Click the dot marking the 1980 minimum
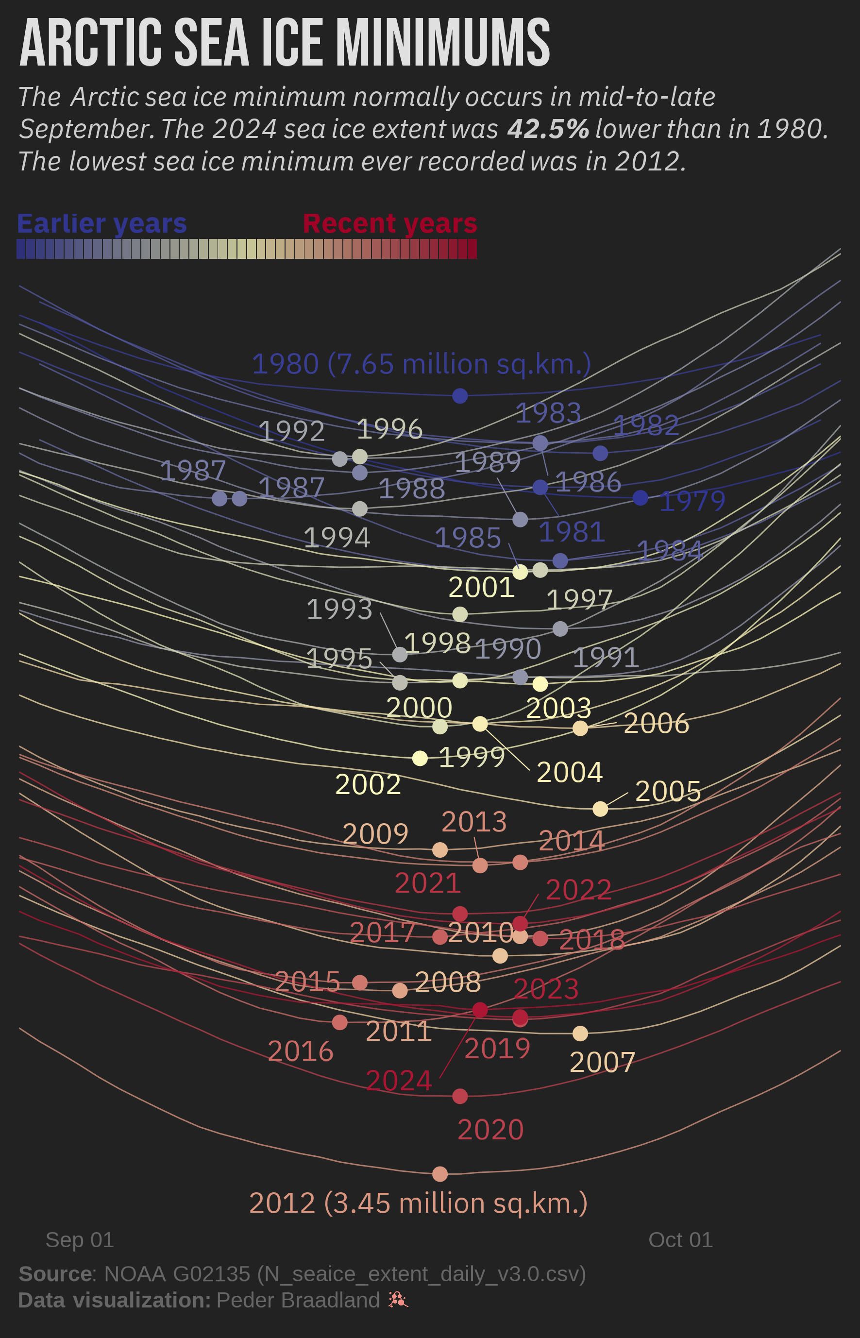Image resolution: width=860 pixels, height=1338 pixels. click(x=459, y=395)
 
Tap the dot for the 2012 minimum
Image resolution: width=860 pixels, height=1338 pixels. click(x=440, y=1174)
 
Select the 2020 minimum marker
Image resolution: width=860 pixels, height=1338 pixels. click(x=459, y=1096)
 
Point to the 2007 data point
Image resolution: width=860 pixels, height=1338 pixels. click(x=580, y=1033)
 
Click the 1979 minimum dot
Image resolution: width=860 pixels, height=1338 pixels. click(x=641, y=498)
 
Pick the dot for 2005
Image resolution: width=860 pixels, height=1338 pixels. click(x=600, y=809)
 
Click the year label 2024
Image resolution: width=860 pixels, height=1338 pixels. click(x=399, y=1081)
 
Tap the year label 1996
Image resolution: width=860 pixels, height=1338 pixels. click(x=389, y=429)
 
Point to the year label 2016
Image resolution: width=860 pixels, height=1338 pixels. click(x=301, y=1052)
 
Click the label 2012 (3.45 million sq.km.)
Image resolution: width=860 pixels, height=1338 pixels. click(x=418, y=1203)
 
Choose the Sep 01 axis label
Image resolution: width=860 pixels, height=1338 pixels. click(x=80, y=1240)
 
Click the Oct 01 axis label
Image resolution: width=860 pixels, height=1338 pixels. click(x=680, y=1240)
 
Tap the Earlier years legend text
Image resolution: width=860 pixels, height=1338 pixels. click(x=101, y=223)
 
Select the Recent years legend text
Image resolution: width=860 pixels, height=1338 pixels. click(x=390, y=223)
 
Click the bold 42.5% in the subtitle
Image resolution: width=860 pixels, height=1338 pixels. click(x=548, y=129)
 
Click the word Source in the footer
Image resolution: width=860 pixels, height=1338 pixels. click(x=55, y=1274)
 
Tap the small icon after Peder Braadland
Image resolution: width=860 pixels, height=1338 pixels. click(x=398, y=1300)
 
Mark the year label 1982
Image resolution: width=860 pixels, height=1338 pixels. click(x=646, y=425)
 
